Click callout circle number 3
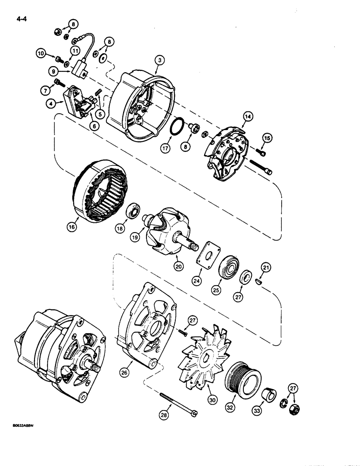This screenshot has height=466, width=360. (160, 60)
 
